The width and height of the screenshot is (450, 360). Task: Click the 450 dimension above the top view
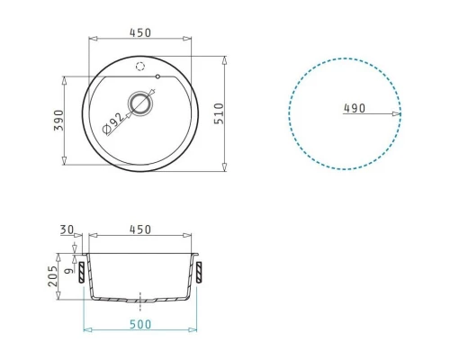click(140, 32)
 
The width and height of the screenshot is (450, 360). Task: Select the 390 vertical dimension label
click(58, 120)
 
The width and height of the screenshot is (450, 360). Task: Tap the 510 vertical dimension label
click(220, 113)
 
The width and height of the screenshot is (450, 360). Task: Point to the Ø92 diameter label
click(112, 123)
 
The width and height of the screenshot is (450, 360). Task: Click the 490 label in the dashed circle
click(355, 108)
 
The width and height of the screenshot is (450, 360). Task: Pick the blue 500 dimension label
click(140, 324)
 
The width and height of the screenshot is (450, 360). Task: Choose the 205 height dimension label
click(52, 276)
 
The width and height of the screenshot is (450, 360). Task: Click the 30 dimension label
click(67, 229)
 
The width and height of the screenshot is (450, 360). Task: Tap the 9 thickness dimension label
click(69, 271)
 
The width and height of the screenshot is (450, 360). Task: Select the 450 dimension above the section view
click(140, 229)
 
